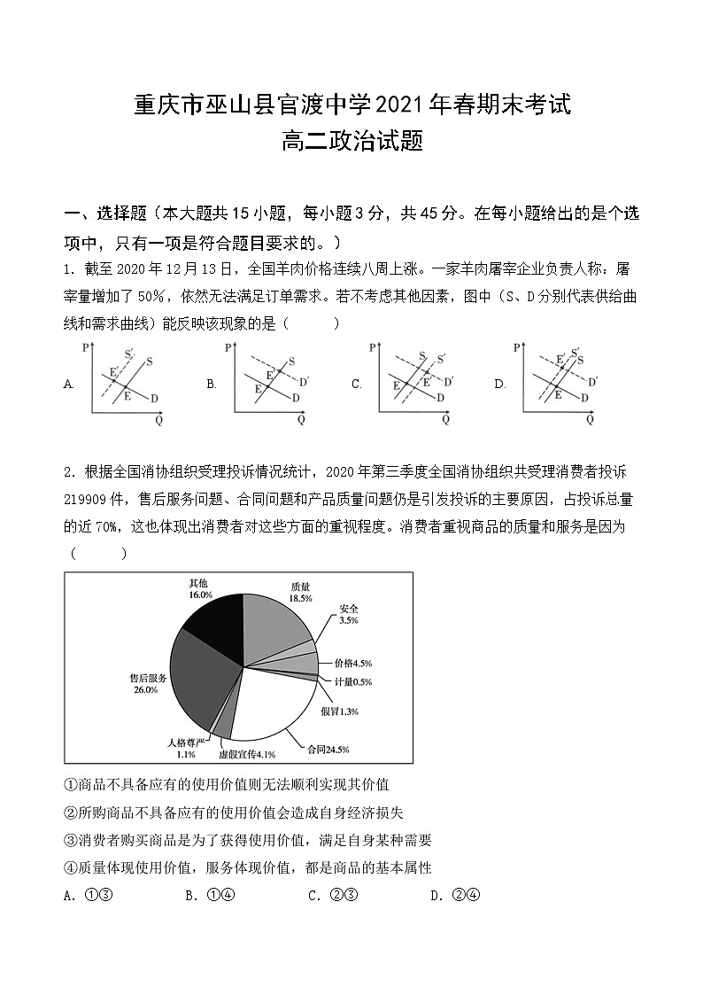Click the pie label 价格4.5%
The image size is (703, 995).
point(353,663)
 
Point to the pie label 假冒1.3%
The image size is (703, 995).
point(340,711)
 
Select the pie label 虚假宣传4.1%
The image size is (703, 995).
point(248,754)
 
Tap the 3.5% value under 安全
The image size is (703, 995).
point(348,621)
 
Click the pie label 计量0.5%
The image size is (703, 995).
point(353,681)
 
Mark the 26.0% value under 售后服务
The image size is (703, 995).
point(145,689)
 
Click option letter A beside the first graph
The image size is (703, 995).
point(69,385)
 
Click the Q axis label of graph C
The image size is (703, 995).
point(445,419)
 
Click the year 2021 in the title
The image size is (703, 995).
point(401,105)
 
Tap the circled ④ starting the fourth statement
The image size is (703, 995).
point(72,867)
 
